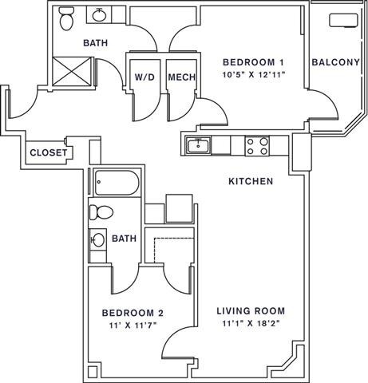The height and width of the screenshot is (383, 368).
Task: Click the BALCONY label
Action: click(335, 62)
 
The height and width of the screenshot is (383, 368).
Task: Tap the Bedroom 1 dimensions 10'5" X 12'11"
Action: click(254, 74)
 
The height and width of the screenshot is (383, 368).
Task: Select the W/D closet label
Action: click(144, 77)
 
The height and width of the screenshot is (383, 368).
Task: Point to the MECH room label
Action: click(182, 77)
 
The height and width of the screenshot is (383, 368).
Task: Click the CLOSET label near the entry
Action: click(49, 152)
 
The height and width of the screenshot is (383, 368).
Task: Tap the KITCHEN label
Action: click(251, 181)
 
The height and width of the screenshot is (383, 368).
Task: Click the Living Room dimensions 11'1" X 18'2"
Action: click(251, 324)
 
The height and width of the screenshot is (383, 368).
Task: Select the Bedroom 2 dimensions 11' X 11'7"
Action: click(133, 326)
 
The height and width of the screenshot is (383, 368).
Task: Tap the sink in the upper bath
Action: click(99, 15)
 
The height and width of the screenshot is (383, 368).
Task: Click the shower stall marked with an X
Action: click(72, 71)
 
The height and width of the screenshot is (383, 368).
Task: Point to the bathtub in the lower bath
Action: click(117, 183)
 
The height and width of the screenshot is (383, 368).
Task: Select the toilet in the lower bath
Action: click(101, 212)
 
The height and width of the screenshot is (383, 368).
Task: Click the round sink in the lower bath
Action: click(97, 240)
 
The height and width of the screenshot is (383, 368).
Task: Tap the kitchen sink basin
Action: click(199, 145)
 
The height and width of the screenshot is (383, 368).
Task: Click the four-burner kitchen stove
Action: click(257, 146)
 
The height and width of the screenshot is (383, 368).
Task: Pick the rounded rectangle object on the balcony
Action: click(343, 20)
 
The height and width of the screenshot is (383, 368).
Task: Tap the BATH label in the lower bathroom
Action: click(125, 239)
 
